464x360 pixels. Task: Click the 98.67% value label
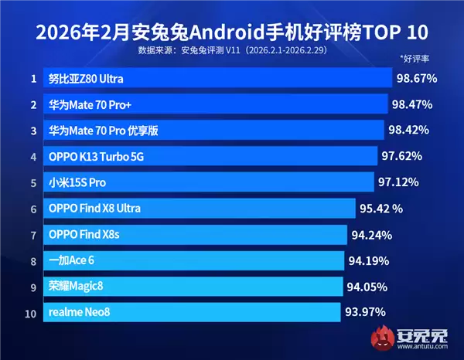point(417,78)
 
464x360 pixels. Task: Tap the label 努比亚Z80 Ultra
point(85,79)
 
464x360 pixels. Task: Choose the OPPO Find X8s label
point(85,235)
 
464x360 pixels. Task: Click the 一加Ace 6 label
point(71,260)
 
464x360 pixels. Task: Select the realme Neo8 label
point(80,313)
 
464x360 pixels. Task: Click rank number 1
point(33,79)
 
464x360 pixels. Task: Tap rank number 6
point(33,209)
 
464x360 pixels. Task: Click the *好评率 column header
point(415,59)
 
